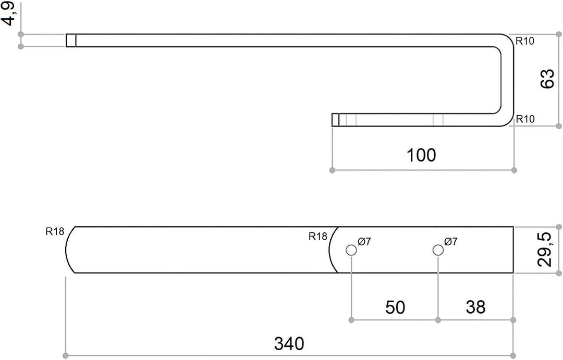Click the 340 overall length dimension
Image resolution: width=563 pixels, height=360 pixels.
[289, 343]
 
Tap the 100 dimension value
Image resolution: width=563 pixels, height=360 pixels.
[421, 155]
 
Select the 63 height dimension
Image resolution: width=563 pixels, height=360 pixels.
[547, 79]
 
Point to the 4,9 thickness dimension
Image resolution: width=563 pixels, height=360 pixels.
[9, 14]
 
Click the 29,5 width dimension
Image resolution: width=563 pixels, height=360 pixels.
[545, 250]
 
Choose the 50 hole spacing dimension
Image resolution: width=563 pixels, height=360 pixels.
[395, 307]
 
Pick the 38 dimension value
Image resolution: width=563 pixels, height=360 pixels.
[475, 307]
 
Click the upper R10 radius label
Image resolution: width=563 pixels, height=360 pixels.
[525, 41]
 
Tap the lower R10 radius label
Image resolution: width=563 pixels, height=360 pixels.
[525, 119]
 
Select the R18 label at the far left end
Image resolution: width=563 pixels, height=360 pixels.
[55, 231]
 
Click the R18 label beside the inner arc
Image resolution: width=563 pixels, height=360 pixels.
[318, 237]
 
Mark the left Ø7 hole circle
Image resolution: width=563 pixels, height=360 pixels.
[351, 250]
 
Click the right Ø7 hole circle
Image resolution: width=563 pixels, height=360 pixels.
[438, 250]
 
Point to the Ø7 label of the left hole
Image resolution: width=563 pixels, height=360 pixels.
[364, 242]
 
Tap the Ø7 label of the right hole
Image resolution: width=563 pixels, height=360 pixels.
[451, 242]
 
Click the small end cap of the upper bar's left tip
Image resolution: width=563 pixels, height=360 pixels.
[71, 41]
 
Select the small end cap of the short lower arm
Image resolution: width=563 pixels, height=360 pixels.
[335, 120]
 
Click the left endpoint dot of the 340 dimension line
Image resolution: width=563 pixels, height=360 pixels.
[65, 355]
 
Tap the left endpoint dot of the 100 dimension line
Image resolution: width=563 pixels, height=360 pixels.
[332, 170]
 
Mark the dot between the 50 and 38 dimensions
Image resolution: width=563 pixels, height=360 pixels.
[438, 320]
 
